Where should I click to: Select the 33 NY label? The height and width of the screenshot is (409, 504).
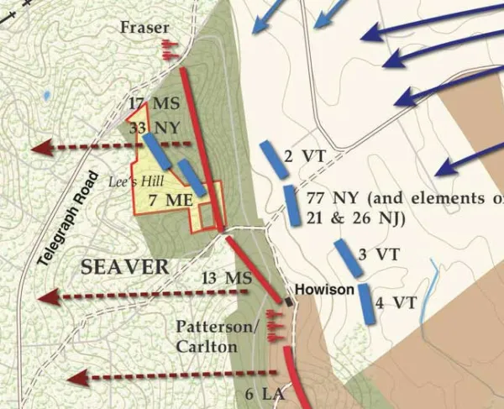[150, 129]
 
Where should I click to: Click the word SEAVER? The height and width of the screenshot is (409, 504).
[124, 267]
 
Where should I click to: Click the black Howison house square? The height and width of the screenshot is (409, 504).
[288, 301]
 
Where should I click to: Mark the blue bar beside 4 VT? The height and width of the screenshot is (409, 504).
[367, 303]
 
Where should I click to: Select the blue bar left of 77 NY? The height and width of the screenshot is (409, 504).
[291, 206]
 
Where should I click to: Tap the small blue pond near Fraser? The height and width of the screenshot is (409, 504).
[48, 95]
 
